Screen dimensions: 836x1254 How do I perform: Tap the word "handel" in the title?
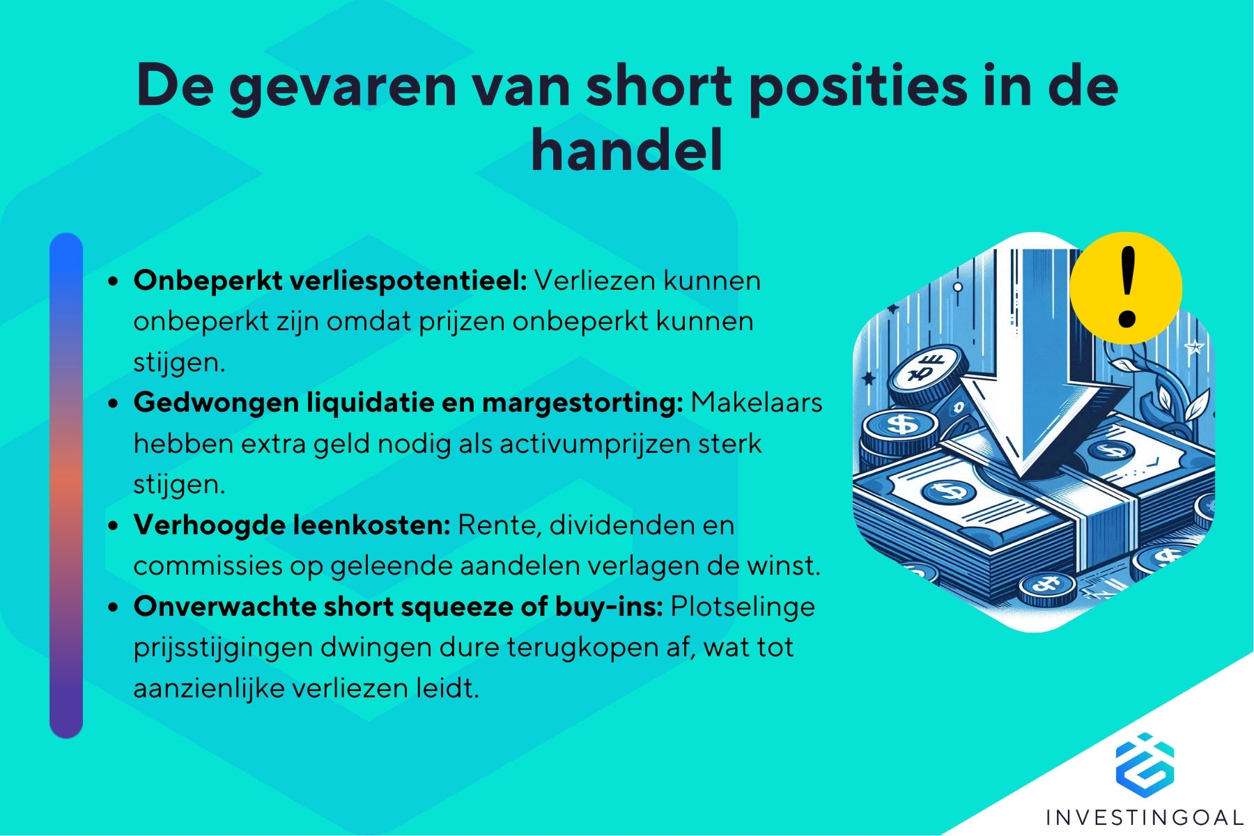click(626, 150)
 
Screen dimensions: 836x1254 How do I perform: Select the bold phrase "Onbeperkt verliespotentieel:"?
click(330, 281)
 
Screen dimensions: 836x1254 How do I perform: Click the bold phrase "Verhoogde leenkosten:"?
click(292, 525)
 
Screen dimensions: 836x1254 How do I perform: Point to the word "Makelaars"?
click(757, 403)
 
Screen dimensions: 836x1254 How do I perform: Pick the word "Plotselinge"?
click(743, 606)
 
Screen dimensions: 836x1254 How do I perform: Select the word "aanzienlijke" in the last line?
click(208, 688)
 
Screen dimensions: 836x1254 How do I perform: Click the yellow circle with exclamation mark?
click(1126, 288)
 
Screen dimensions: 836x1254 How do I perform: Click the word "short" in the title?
click(659, 86)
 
